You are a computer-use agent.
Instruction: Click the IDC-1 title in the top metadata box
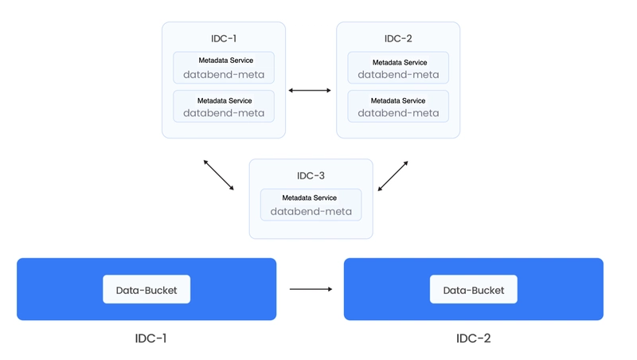[x=224, y=38]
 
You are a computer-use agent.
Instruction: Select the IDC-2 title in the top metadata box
[x=398, y=38]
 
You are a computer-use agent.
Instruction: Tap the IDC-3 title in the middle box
[x=311, y=175]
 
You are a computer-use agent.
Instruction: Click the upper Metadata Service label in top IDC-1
[x=226, y=61]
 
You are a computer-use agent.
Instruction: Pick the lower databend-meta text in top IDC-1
[x=224, y=113]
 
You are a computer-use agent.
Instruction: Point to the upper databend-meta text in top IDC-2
[x=398, y=75]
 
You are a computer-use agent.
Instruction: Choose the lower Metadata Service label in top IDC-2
[x=398, y=101]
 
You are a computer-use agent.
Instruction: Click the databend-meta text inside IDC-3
[x=311, y=212]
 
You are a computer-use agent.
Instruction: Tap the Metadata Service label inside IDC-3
[x=310, y=198]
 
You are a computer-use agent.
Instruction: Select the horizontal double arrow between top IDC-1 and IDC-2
[x=310, y=90]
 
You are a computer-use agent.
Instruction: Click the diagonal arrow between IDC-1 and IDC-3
[x=218, y=175]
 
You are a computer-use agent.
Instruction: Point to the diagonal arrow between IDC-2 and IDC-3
[x=393, y=176]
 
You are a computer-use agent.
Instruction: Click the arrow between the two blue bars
[x=311, y=289]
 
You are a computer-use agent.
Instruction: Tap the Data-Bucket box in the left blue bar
[x=147, y=289]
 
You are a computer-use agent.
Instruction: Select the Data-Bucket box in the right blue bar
[x=474, y=289]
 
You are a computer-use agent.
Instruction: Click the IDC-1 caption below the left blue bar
[x=150, y=338]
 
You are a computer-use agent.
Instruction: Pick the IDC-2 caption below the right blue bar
[x=474, y=338]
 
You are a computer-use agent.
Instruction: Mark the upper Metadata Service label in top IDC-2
[x=400, y=63]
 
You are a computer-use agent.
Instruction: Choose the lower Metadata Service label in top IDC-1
[x=225, y=101]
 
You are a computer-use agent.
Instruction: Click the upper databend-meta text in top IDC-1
[x=224, y=75]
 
